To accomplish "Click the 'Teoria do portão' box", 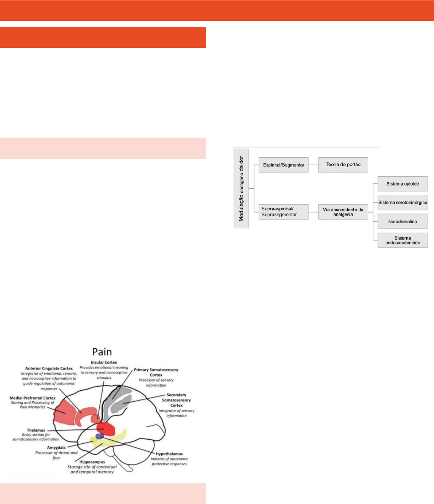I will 343,165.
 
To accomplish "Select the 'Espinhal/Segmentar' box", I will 284,165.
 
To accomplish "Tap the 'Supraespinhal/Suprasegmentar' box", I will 283,212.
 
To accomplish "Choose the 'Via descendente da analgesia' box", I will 343,212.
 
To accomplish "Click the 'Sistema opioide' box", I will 403,184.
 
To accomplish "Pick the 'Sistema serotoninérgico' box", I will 403,202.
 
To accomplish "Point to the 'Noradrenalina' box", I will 403,221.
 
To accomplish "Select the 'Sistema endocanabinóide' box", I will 403,240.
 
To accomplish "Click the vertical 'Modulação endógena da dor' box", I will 241,189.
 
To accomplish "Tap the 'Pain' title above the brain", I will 102,352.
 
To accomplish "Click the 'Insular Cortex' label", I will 104,362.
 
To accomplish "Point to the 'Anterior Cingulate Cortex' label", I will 49,368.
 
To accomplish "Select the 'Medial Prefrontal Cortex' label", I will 33,398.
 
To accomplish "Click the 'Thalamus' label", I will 36,430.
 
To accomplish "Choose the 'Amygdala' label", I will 56,448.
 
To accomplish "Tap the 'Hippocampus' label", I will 92,462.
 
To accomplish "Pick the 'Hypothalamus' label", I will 169,454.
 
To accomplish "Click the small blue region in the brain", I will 100,436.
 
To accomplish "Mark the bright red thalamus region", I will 106,429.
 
